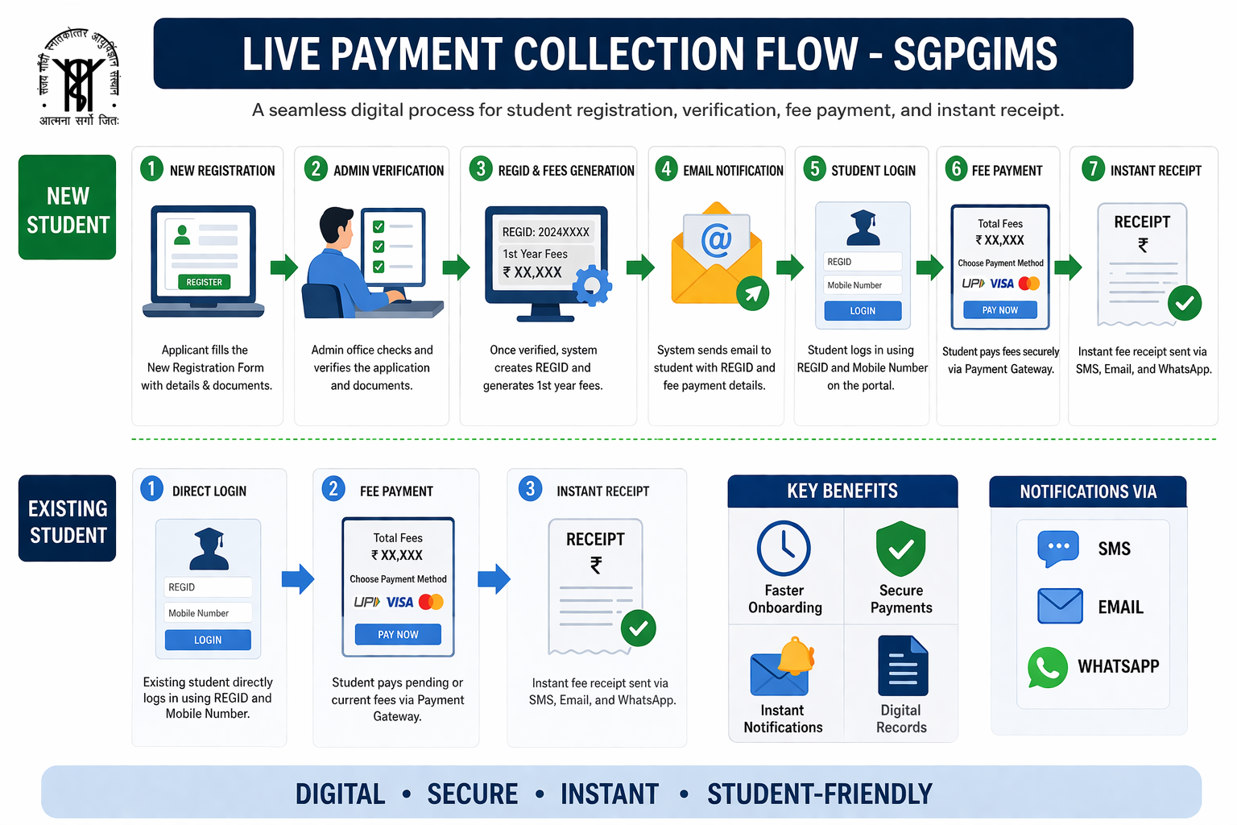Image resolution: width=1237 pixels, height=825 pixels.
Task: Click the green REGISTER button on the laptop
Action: click(x=204, y=282)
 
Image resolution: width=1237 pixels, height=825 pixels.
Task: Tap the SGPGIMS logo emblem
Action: click(x=79, y=77)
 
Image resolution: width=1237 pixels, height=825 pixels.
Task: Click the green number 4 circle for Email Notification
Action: click(x=666, y=168)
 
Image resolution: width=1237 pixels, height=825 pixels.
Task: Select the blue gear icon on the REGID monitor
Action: click(x=592, y=286)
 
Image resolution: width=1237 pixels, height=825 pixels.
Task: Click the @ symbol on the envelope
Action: click(x=716, y=240)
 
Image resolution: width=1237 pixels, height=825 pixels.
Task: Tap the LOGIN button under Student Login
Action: click(x=863, y=310)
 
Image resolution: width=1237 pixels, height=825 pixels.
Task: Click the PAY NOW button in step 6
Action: click(x=999, y=310)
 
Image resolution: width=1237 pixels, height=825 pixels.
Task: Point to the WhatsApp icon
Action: click(x=1047, y=667)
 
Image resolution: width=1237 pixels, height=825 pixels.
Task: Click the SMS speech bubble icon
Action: click(x=1058, y=548)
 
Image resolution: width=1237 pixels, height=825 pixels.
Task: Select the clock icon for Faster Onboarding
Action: click(x=784, y=548)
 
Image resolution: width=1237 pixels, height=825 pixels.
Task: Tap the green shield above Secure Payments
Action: click(x=900, y=548)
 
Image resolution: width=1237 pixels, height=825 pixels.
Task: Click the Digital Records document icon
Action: click(x=902, y=665)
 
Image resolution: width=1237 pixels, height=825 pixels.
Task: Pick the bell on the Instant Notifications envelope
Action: click(x=796, y=655)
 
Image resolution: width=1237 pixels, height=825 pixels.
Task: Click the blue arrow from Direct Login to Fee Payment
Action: click(x=298, y=579)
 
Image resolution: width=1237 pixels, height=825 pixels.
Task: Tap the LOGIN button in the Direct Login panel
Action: click(x=208, y=640)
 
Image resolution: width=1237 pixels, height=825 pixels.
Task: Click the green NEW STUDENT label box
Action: click(x=68, y=207)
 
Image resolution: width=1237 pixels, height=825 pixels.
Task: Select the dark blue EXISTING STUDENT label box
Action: click(x=68, y=518)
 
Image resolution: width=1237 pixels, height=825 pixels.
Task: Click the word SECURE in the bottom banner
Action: click(x=473, y=794)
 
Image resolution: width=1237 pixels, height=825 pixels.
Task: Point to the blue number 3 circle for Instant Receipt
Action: click(x=530, y=488)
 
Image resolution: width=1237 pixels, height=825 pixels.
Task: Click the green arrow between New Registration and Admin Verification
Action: click(x=283, y=267)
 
